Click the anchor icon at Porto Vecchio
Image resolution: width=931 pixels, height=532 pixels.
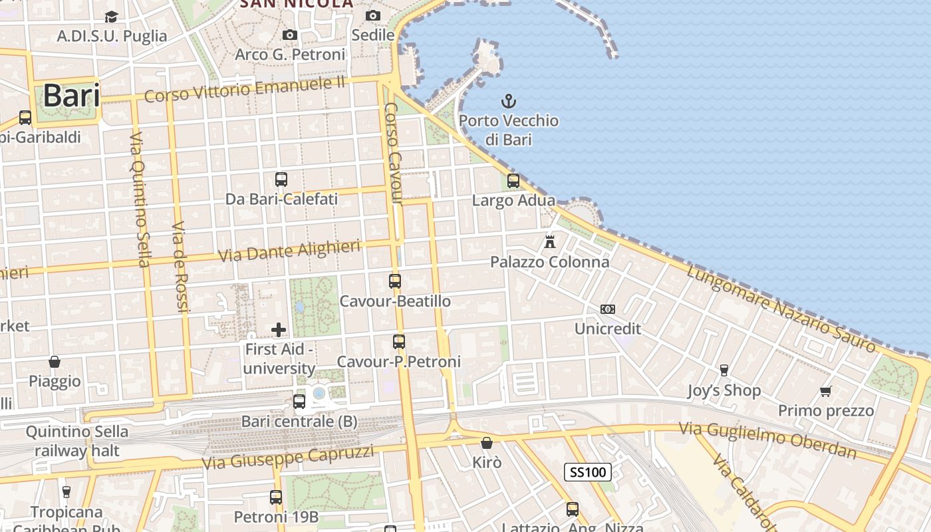coord(509,102)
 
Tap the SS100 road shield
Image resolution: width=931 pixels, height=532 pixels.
coord(588,472)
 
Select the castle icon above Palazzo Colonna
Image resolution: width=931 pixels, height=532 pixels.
coord(550,242)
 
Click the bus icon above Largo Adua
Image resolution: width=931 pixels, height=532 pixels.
coord(513,180)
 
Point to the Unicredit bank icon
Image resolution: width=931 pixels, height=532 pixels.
coord(608,309)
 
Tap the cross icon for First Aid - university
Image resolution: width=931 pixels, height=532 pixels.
coord(279,329)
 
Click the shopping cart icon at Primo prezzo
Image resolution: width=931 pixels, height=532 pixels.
coord(826,391)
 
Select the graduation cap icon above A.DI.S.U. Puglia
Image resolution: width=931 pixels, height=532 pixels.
coord(111,17)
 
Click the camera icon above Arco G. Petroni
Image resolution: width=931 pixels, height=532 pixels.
coord(290,35)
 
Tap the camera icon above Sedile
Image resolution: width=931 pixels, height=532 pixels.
coord(373,15)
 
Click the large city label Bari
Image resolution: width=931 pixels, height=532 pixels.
coord(72,96)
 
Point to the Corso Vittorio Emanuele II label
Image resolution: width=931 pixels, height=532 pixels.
coord(245,88)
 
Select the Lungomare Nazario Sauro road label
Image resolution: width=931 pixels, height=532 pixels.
coord(781,309)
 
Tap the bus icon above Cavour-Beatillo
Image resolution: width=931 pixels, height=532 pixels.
coord(395,281)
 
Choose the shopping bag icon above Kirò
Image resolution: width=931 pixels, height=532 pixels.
coord(487,443)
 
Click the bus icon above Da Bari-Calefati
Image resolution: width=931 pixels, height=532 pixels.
coord(281,179)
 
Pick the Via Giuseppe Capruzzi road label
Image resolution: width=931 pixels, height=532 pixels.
coord(287,458)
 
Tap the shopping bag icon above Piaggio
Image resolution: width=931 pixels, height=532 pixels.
coord(55,362)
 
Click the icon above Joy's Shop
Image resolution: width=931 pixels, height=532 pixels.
coord(724,370)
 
